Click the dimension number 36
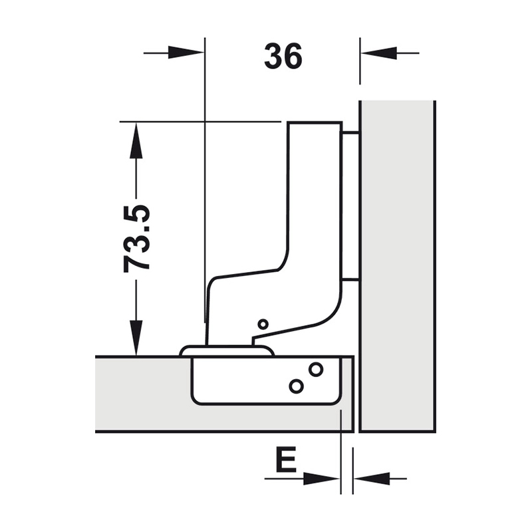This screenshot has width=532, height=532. [x=283, y=57]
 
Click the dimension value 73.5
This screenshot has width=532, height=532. [x=137, y=239]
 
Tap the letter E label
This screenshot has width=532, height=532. [x=287, y=460]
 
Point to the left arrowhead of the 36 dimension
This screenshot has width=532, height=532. [x=186, y=53]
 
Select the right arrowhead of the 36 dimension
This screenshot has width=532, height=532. [x=378, y=53]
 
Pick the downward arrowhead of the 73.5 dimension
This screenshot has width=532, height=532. [x=136, y=338]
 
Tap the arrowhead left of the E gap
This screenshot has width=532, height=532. [x=321, y=479]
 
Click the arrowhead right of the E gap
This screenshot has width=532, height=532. [x=372, y=479]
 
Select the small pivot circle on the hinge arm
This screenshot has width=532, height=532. [x=263, y=324]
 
